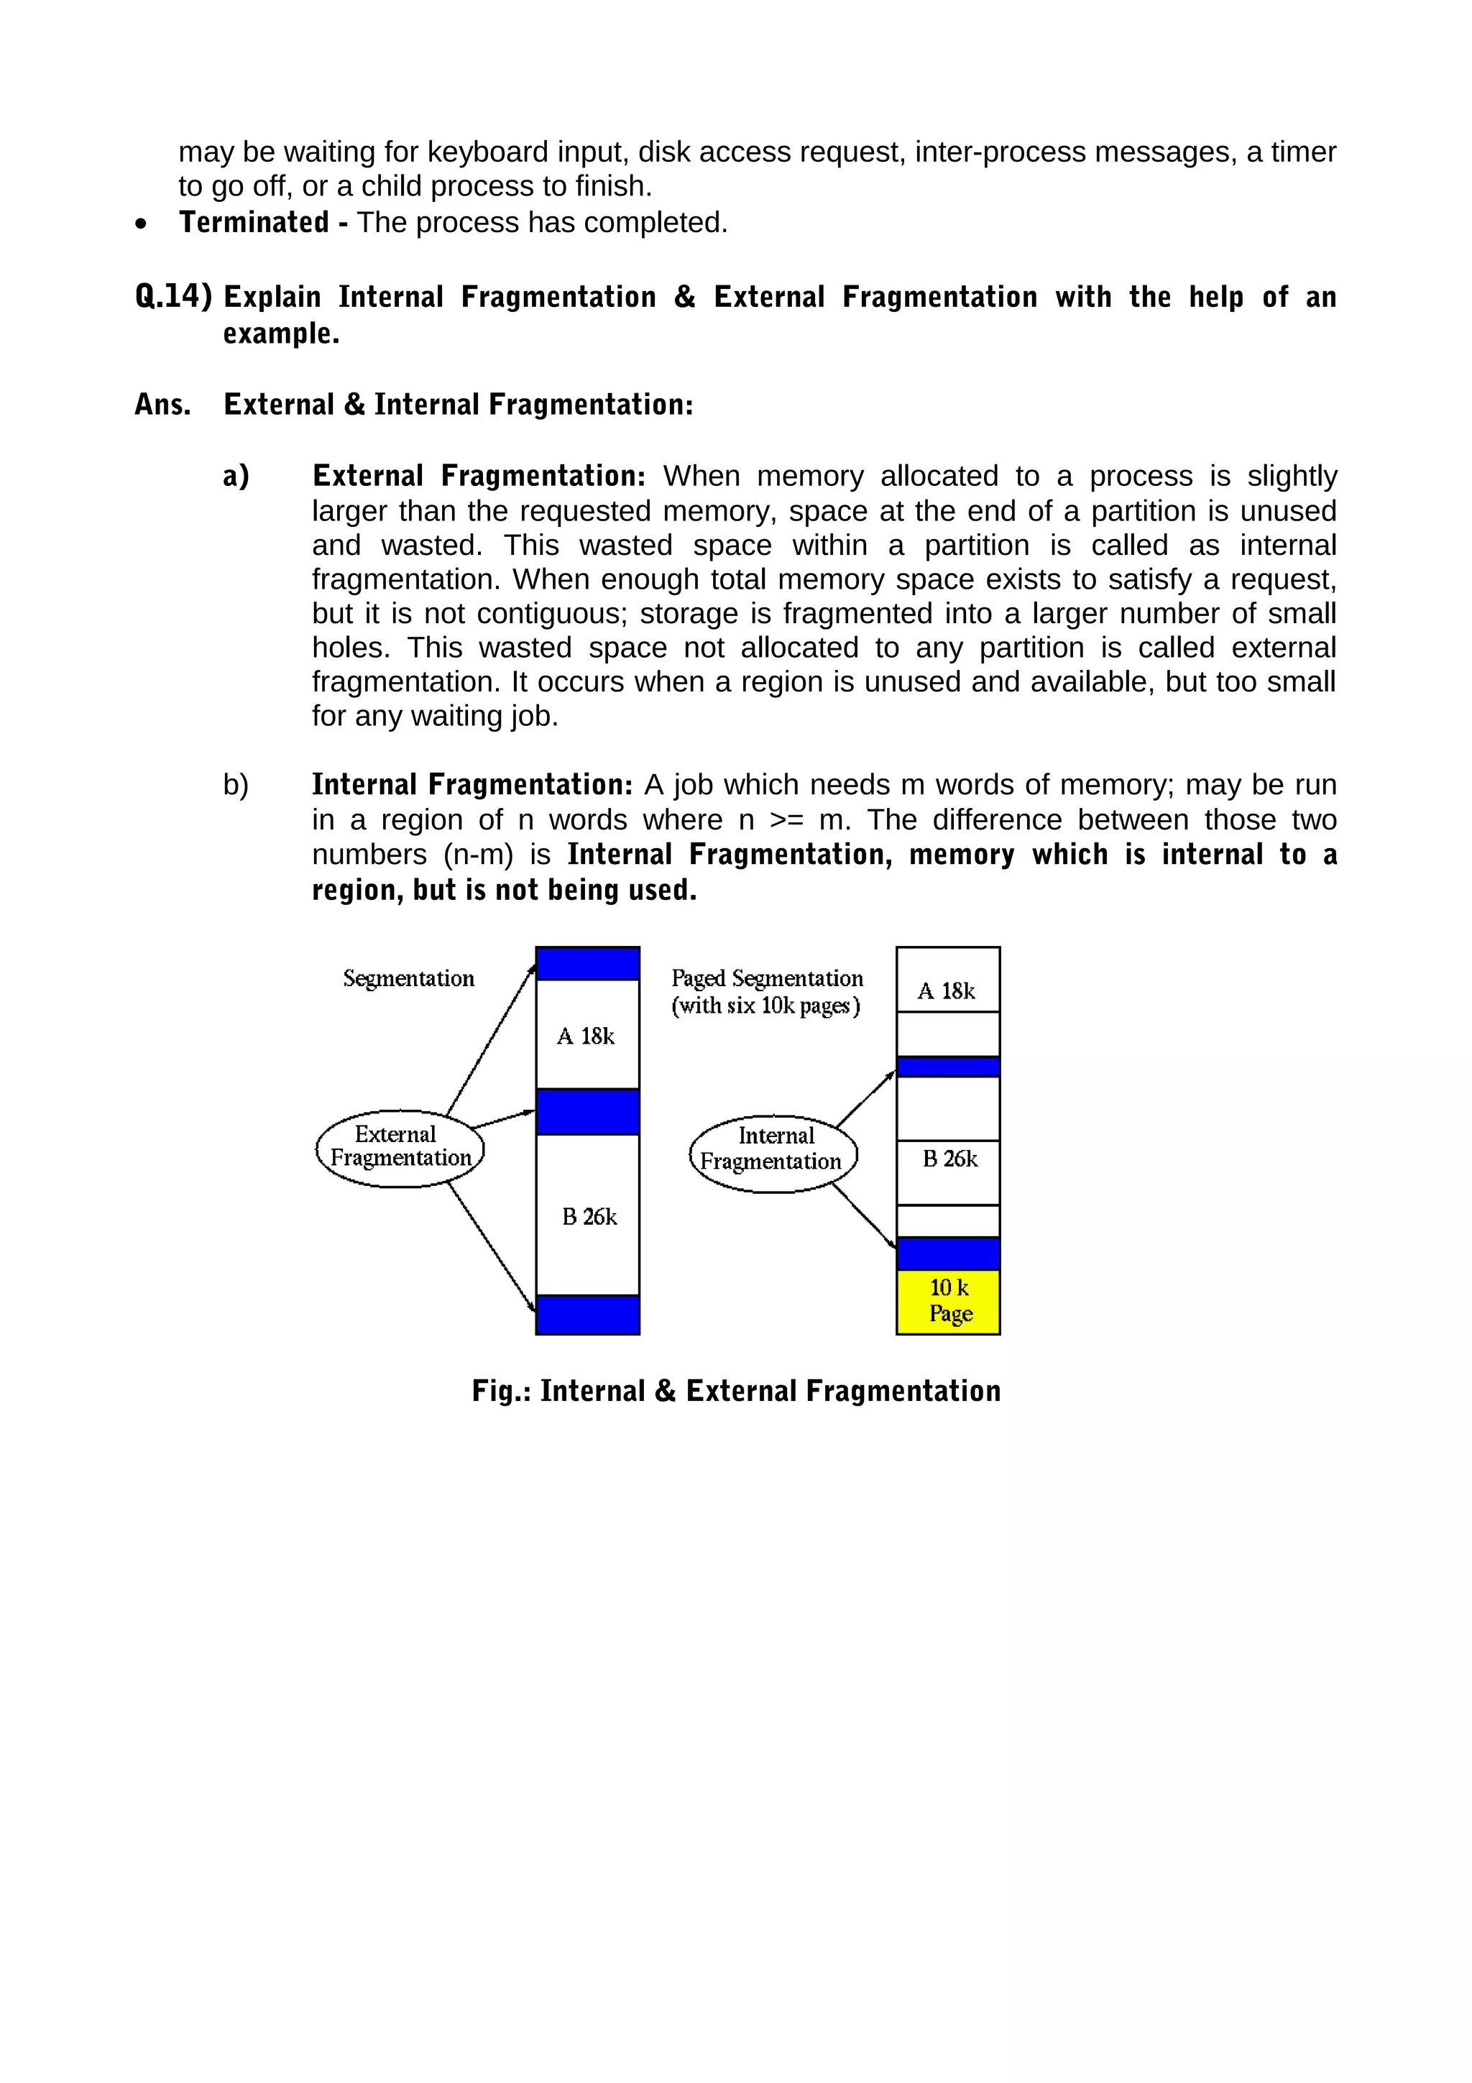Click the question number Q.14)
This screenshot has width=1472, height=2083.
(173, 297)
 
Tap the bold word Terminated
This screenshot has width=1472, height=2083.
(254, 222)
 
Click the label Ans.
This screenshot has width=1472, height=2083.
(162, 405)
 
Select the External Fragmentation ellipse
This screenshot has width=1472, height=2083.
(400, 1148)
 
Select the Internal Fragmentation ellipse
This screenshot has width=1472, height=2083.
(773, 1153)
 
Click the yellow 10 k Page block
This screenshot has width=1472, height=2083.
(948, 1301)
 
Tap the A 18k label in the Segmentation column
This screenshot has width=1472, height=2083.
(586, 1036)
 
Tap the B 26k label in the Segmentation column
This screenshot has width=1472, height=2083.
(589, 1217)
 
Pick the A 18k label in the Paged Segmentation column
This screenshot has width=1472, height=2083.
(946, 990)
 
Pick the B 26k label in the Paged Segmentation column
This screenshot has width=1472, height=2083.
(949, 1159)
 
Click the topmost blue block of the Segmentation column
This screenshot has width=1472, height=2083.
(588, 963)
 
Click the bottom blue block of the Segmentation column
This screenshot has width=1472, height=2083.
(588, 1314)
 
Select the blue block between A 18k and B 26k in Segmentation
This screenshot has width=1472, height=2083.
(588, 1111)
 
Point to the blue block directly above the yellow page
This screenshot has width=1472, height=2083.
(948, 1253)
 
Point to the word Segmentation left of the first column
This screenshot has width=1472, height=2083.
(408, 978)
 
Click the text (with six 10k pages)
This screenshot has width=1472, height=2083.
(765, 1006)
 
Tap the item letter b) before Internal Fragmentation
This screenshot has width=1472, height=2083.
(236, 785)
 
